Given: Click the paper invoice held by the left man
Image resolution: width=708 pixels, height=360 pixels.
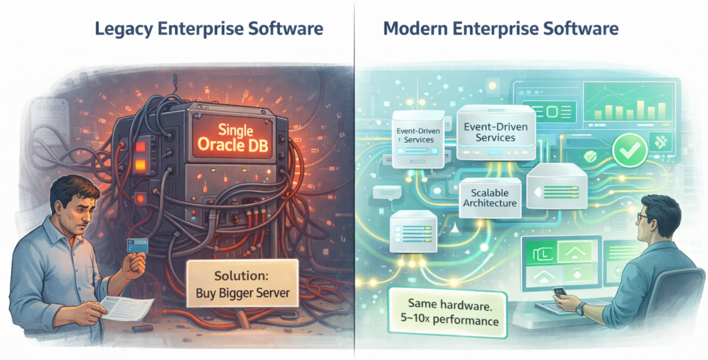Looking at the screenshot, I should point(129,308).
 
